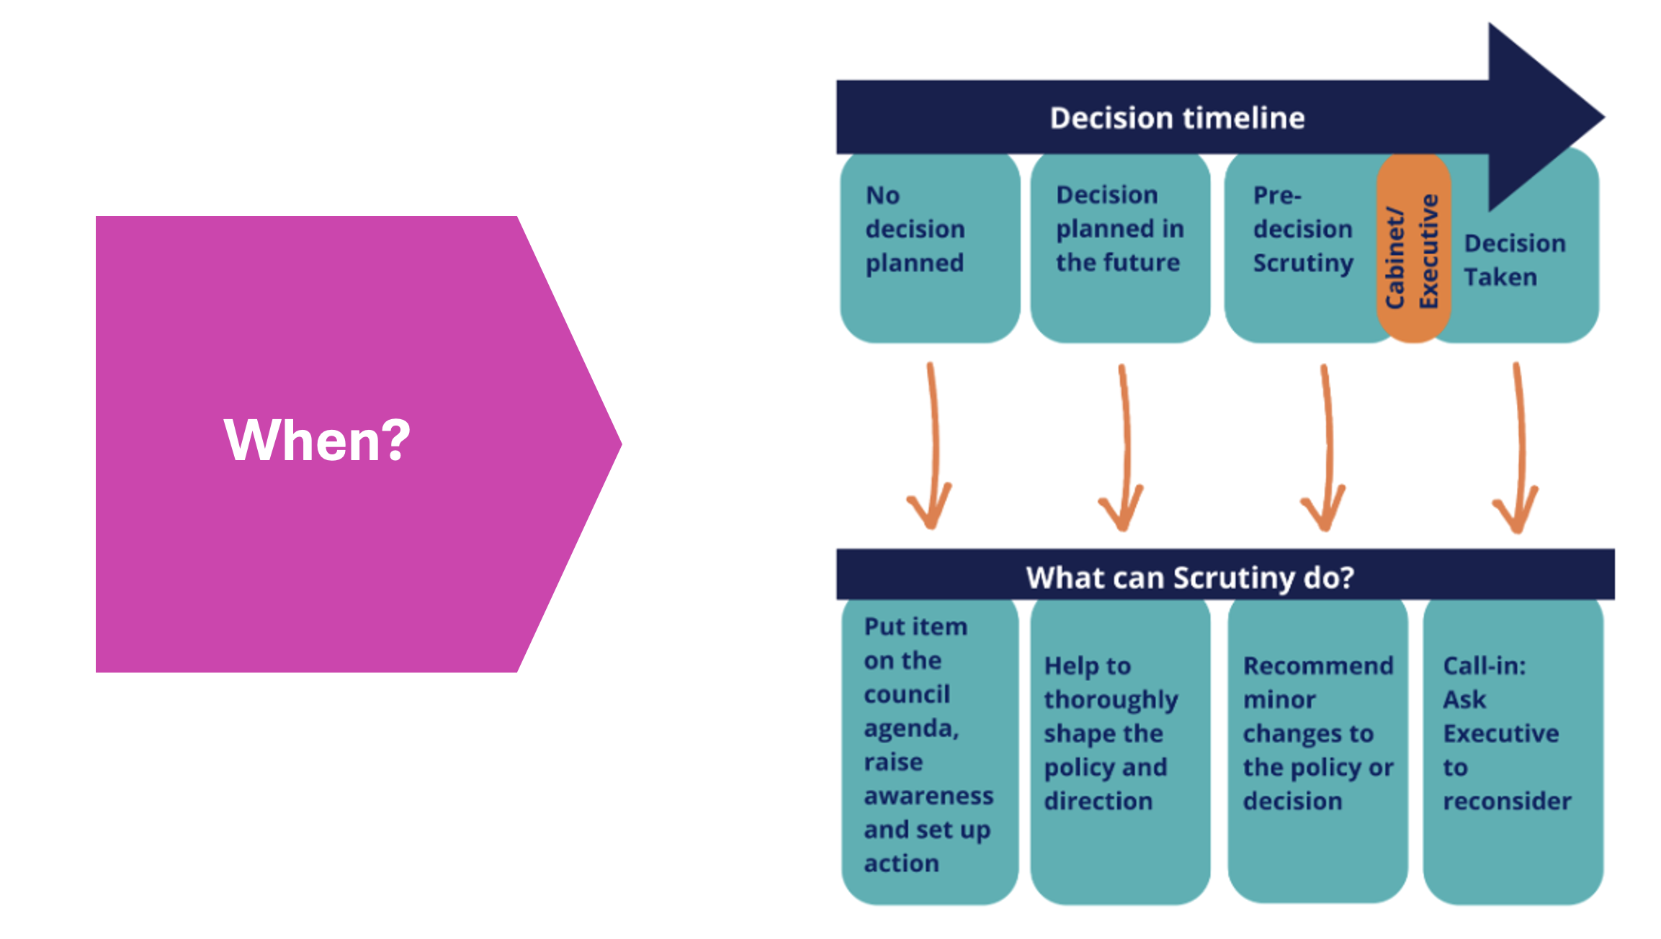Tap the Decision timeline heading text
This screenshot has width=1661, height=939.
coord(1177,117)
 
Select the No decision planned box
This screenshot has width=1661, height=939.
coord(930,248)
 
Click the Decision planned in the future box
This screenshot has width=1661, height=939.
coord(1120,248)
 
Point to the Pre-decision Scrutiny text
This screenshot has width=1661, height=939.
coord(1303,229)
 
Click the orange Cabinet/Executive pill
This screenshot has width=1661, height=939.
coord(1413,248)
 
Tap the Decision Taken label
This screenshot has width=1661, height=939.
coord(1515,260)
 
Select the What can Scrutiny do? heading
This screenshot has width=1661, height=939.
coord(1190,578)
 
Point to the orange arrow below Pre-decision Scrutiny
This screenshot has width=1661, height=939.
coord(1327,446)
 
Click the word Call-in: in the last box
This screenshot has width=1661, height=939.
coord(1485,665)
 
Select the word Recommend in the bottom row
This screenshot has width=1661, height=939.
coord(1318,665)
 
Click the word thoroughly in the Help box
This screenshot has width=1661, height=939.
coord(1111,700)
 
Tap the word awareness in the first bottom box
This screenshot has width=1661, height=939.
coord(928,796)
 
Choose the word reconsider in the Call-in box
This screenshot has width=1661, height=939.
coord(1507,801)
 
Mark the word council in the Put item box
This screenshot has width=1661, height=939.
coord(907,694)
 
